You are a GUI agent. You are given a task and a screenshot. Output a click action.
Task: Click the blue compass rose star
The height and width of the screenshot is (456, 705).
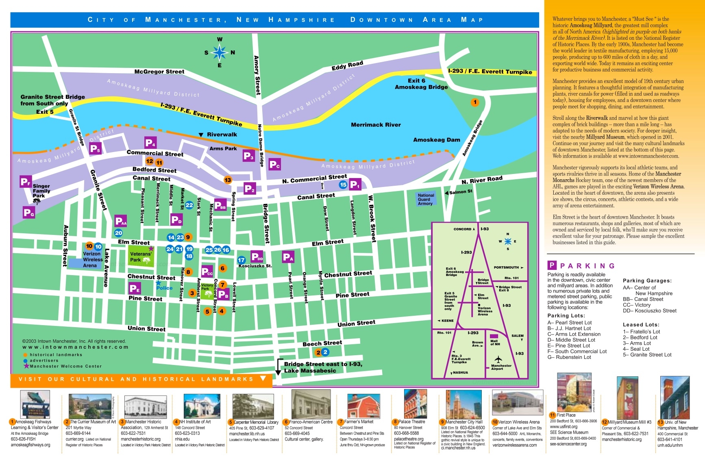coord(220,52)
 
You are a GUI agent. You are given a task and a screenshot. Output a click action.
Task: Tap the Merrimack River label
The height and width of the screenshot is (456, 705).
coord(376,125)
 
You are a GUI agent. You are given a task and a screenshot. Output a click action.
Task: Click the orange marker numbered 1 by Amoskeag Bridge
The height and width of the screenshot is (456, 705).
coord(475,102)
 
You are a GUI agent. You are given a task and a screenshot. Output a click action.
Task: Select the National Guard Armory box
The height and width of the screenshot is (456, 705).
coord(426,199)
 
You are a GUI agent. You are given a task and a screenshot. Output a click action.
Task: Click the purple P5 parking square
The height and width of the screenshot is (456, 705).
coord(95,149)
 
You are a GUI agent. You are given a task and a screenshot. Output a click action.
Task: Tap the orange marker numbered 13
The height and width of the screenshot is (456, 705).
coord(228,180)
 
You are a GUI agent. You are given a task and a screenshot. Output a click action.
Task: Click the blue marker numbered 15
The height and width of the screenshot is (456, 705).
coord(343,185)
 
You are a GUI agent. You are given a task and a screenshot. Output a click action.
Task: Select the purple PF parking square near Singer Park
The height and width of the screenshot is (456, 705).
coord(26,182)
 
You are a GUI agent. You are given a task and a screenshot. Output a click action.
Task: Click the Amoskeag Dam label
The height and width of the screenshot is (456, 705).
coord(436,140)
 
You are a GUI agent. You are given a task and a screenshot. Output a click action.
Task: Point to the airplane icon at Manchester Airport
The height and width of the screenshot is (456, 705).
coord(498,359)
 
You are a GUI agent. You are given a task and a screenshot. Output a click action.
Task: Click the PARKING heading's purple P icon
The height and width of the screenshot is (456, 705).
coord(552,265)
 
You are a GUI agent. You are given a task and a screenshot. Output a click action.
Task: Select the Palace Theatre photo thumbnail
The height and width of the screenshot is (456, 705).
coord(415,404)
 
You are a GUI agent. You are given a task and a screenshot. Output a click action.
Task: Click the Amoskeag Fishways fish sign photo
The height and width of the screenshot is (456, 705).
coord(35,404)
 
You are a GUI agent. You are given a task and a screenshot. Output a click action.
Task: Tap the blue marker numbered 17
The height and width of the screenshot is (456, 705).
coord(242,260)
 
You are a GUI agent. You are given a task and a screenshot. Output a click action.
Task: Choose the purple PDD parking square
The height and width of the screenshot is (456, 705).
coord(257,256)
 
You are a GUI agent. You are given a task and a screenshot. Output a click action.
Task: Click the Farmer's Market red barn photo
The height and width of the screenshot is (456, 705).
coord(363,406)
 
